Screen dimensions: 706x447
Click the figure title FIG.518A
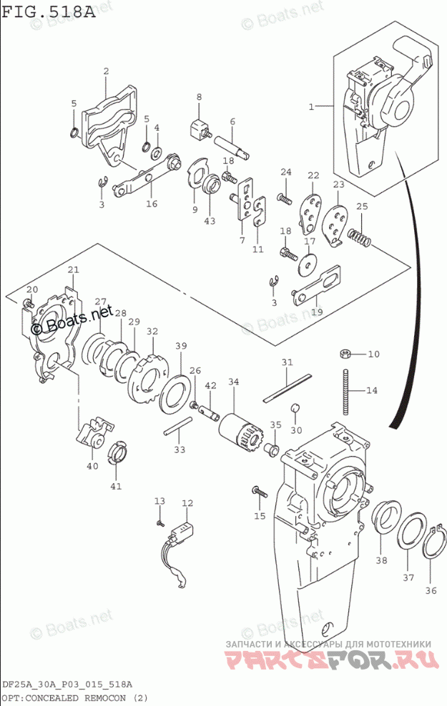(48, 13)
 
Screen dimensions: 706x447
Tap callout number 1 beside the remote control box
(311, 106)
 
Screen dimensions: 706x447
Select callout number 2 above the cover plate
(106, 71)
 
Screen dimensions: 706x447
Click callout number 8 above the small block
(200, 97)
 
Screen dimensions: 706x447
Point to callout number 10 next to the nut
(374, 354)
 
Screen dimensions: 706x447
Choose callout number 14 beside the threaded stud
(371, 390)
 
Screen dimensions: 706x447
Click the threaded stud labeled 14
(345, 391)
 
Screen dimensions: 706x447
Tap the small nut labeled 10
(344, 353)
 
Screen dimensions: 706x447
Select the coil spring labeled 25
(358, 235)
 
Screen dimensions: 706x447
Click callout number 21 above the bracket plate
(73, 269)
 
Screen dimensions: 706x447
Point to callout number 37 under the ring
(408, 577)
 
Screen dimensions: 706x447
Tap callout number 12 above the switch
(187, 503)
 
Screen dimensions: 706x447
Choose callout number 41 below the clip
(116, 486)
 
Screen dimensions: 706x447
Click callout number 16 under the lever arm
(151, 204)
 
